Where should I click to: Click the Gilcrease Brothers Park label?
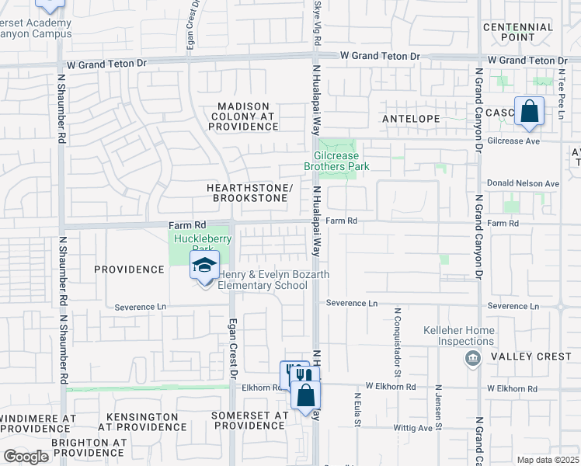[x=336, y=161]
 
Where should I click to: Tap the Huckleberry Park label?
[x=193, y=244]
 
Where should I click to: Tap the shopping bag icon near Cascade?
[x=529, y=111]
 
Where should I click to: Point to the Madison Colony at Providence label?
[x=243, y=116]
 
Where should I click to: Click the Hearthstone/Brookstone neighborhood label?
[x=249, y=193]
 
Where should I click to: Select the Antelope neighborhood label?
[x=411, y=119]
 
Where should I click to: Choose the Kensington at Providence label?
[x=143, y=422]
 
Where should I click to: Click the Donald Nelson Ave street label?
[x=523, y=183]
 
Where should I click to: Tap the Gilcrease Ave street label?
[x=513, y=141]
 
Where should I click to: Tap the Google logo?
[x=26, y=457]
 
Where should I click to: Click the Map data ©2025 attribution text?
[x=548, y=460]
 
